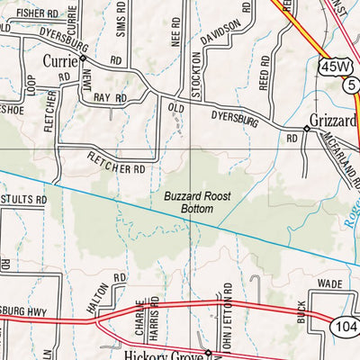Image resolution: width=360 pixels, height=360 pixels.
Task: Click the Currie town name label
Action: click(x=61, y=61)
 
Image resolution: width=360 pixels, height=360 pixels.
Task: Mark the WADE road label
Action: click(x=331, y=283)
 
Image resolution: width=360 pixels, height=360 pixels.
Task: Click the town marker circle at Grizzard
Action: click(x=306, y=129)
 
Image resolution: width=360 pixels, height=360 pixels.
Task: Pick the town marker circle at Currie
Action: click(x=82, y=57)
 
